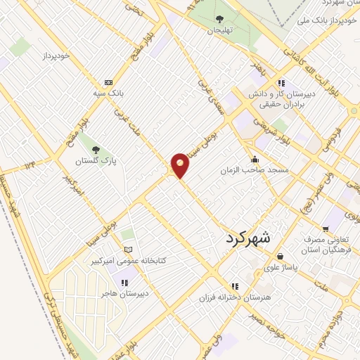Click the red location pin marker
[180, 165]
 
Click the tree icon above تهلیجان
[220, 19]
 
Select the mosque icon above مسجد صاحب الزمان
[255, 158]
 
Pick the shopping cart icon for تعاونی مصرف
[325, 229]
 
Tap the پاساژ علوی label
[281, 268]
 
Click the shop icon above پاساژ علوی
[281, 256]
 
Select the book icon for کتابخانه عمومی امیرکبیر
[127, 250]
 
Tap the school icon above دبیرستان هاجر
[124, 283]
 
